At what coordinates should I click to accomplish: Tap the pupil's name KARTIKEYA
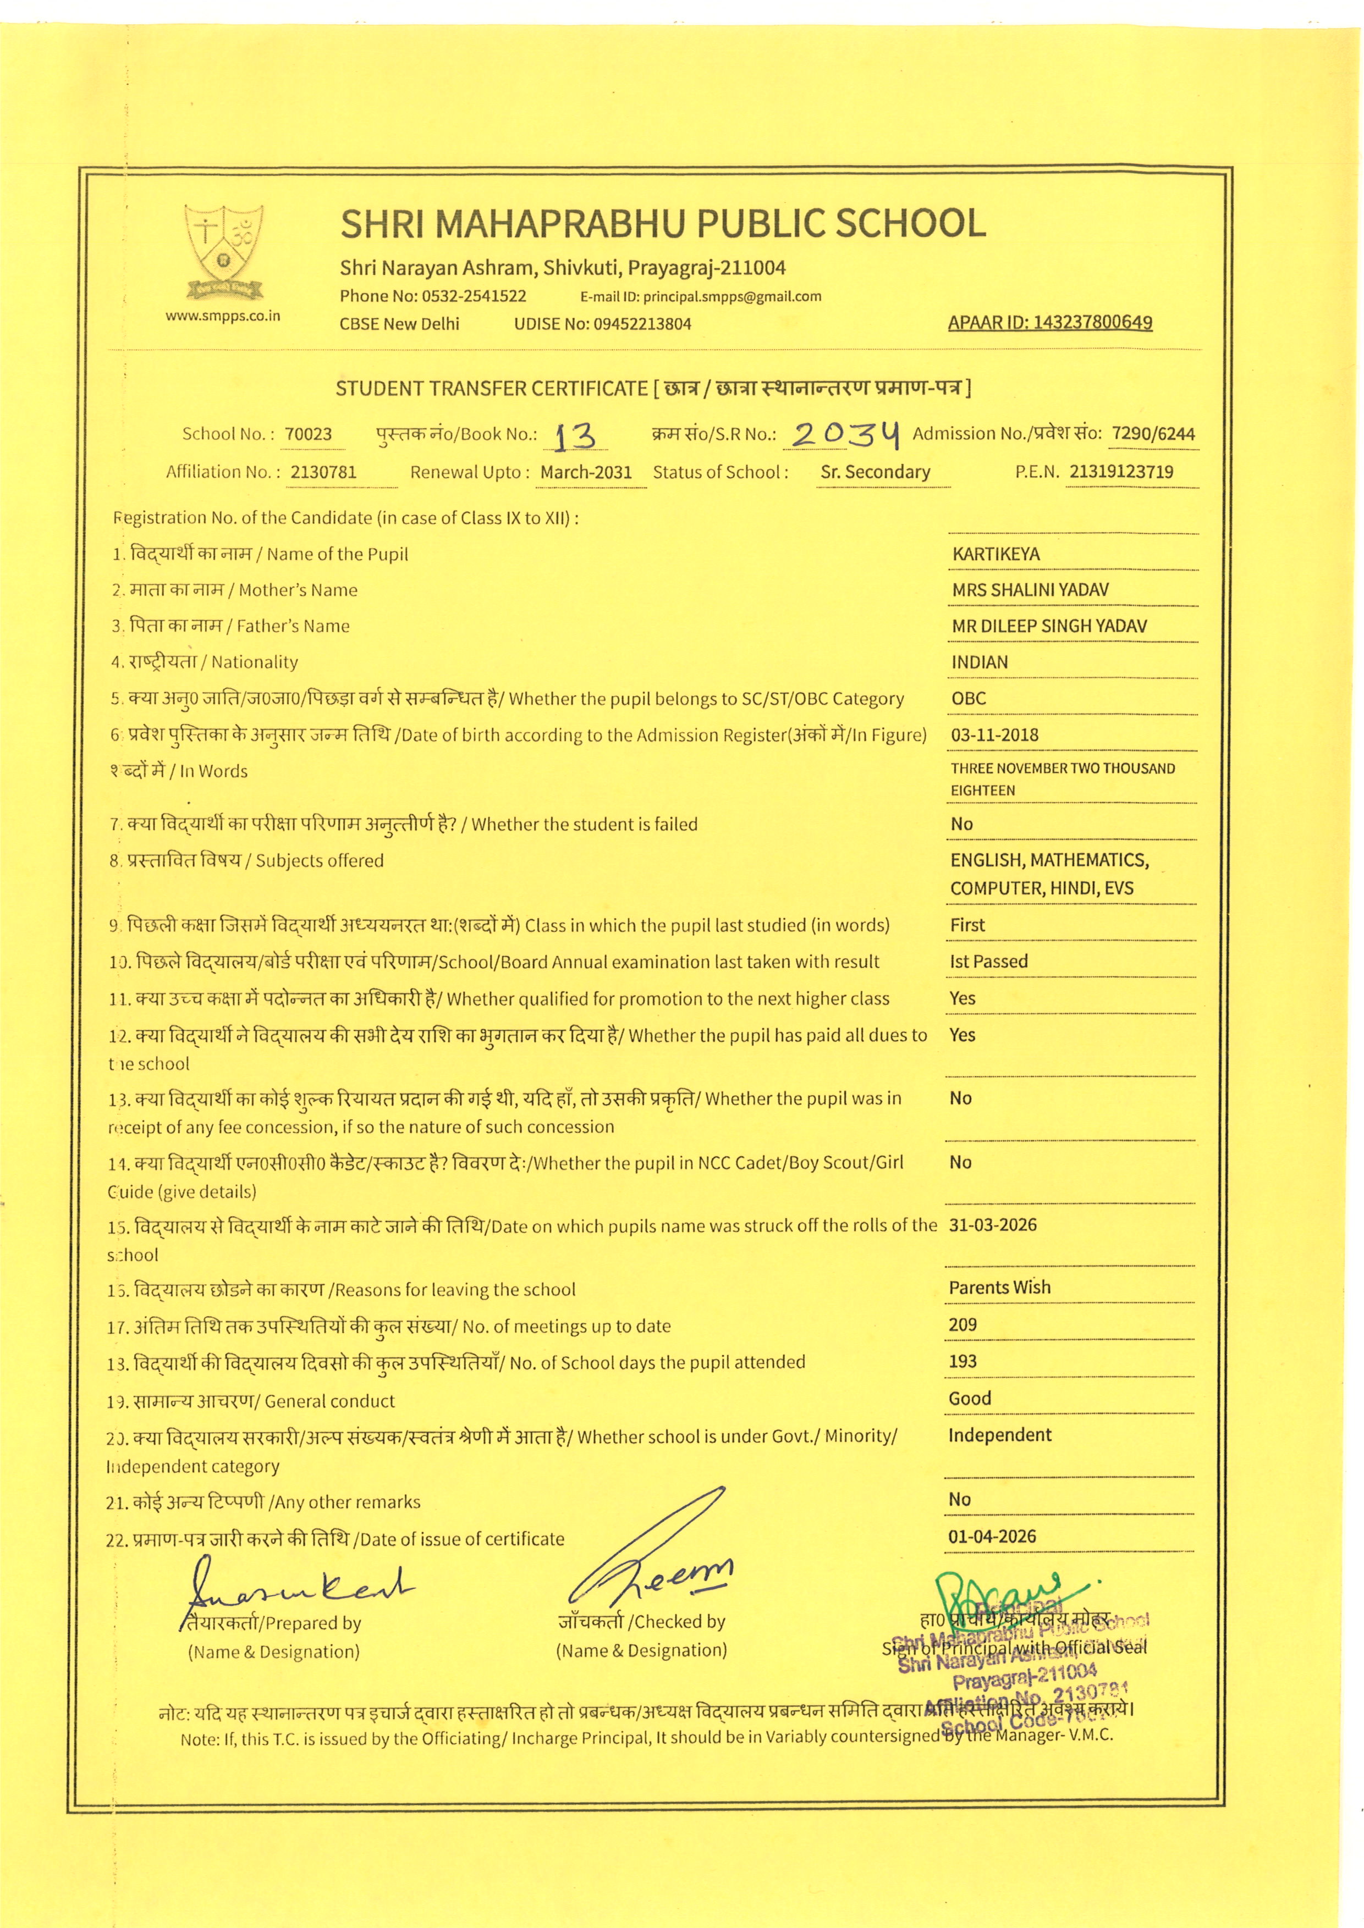pos(996,554)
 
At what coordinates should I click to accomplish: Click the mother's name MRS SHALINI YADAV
pos(1030,590)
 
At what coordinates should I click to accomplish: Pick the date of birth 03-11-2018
pos(994,735)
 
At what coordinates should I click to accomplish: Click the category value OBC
pos(969,699)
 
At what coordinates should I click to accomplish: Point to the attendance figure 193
pos(963,1361)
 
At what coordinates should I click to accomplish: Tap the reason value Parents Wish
pos(999,1288)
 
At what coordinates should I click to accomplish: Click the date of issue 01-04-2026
pos(992,1537)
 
